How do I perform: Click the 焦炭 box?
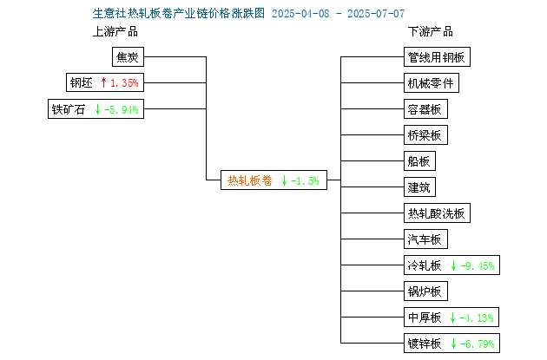[128, 56]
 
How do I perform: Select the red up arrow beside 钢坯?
[103, 82]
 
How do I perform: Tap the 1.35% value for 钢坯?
[124, 83]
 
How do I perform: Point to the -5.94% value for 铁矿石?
[122, 110]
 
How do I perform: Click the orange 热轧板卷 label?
[250, 180]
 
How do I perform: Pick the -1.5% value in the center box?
[305, 181]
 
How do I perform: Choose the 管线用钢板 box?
[437, 56]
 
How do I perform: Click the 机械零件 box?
[432, 83]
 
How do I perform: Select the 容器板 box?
[425, 109]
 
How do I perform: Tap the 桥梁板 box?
[425, 134]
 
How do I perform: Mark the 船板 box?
[419, 161]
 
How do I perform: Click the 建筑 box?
[419, 187]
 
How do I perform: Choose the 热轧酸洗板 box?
[437, 213]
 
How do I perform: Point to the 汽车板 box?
[425, 239]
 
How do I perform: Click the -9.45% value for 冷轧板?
[478, 266]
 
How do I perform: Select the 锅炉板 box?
[425, 291]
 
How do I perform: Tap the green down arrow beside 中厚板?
[453, 317]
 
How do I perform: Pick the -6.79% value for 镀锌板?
[478, 344]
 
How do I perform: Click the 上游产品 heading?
[115, 32]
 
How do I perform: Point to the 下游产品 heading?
[431, 32]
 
